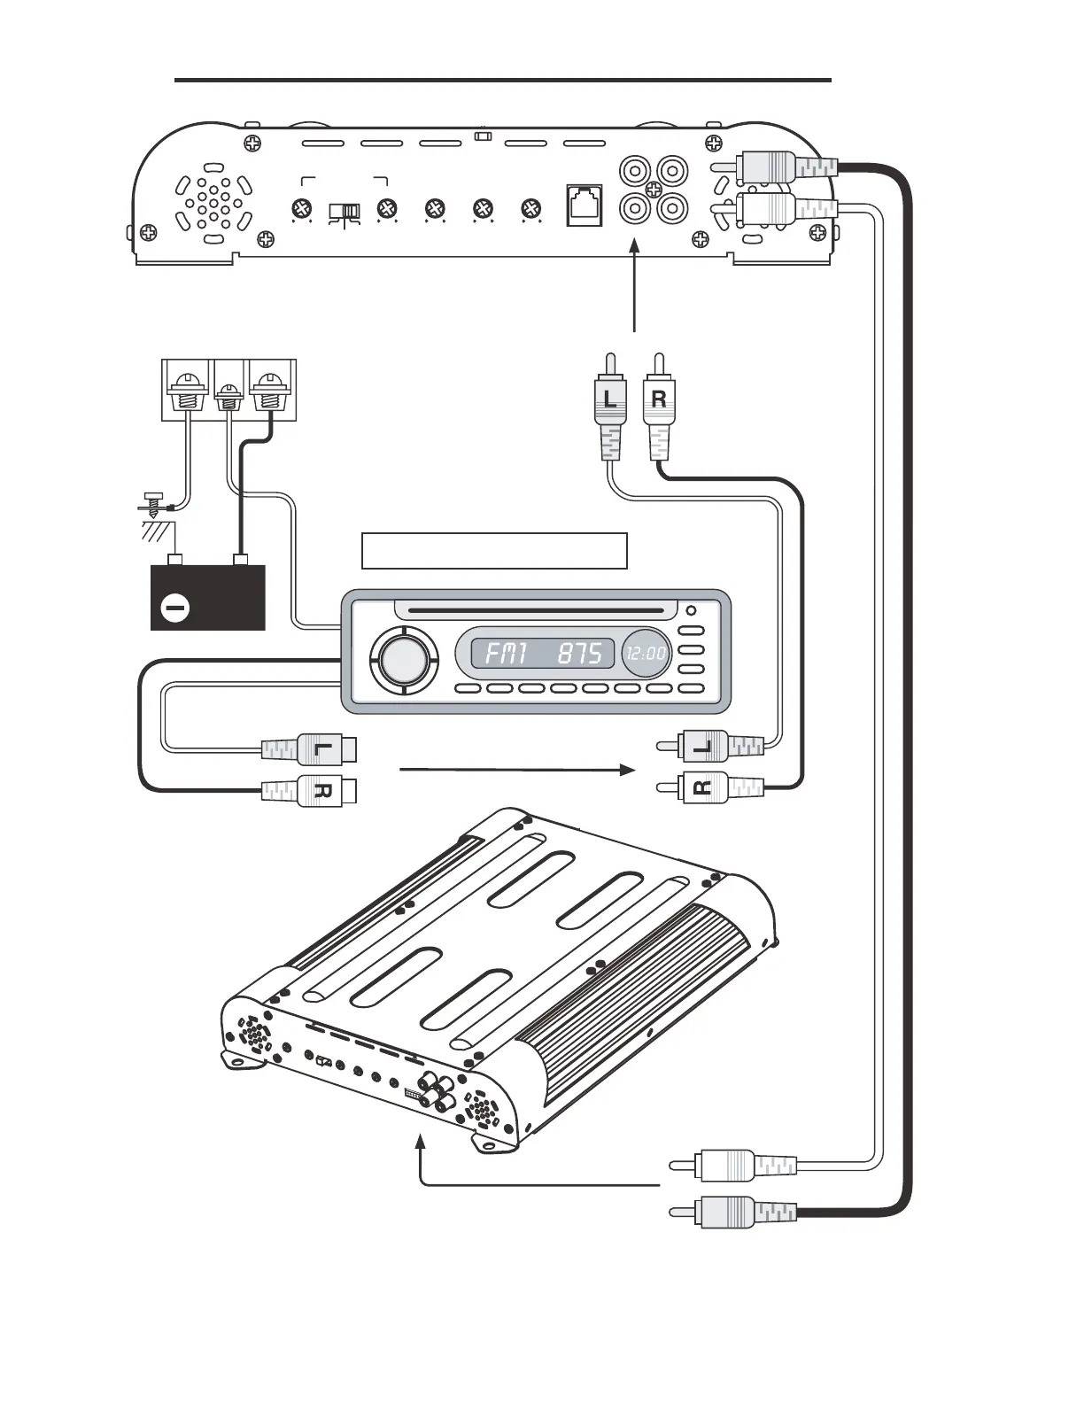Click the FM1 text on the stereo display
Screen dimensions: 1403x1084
[x=507, y=654]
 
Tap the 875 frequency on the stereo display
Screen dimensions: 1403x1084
[x=580, y=654]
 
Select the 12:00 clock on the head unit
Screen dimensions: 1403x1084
[x=645, y=654]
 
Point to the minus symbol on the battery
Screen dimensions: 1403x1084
[x=175, y=608]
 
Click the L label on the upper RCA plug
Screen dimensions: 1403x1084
[x=610, y=399]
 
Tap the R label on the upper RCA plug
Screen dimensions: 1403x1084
[x=658, y=399]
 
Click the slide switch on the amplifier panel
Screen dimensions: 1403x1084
[x=345, y=211]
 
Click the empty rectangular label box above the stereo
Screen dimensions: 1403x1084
[x=494, y=550]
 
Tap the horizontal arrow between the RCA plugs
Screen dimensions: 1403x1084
[x=517, y=771]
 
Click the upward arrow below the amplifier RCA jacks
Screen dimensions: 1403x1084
[x=635, y=288]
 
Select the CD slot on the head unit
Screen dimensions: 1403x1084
[x=530, y=609]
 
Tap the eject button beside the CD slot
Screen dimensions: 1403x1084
[x=691, y=609]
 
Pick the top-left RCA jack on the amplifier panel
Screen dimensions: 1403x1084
[x=634, y=168]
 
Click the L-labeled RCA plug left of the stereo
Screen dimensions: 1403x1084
[x=310, y=749]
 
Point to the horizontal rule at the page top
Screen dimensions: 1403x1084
[x=502, y=80]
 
